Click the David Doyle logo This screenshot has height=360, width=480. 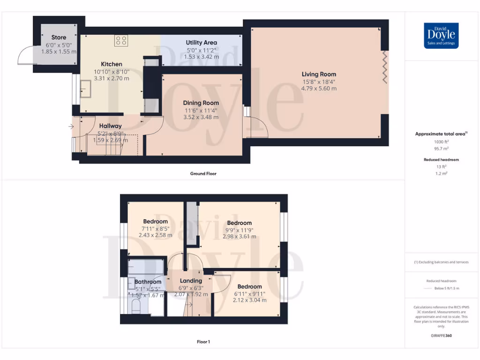[441, 36]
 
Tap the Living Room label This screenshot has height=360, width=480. [319, 74]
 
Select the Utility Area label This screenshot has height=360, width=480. [201, 43]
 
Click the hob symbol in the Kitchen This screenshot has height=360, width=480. [121, 41]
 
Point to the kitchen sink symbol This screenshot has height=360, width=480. [86, 87]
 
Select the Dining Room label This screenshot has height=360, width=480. [201, 103]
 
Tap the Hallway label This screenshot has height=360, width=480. [110, 126]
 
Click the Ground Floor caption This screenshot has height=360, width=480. [203, 173]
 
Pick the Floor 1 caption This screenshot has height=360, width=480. [203, 342]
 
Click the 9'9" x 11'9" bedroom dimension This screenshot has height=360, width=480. [240, 230]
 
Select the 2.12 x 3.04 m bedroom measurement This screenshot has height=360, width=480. [249, 300]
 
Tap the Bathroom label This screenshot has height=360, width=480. [148, 282]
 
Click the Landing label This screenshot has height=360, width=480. [191, 281]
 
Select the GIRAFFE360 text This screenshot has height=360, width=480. [441, 336]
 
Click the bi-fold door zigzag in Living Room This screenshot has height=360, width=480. [385, 67]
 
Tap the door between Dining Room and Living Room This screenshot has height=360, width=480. [257, 126]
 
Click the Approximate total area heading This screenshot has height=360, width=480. [441, 134]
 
